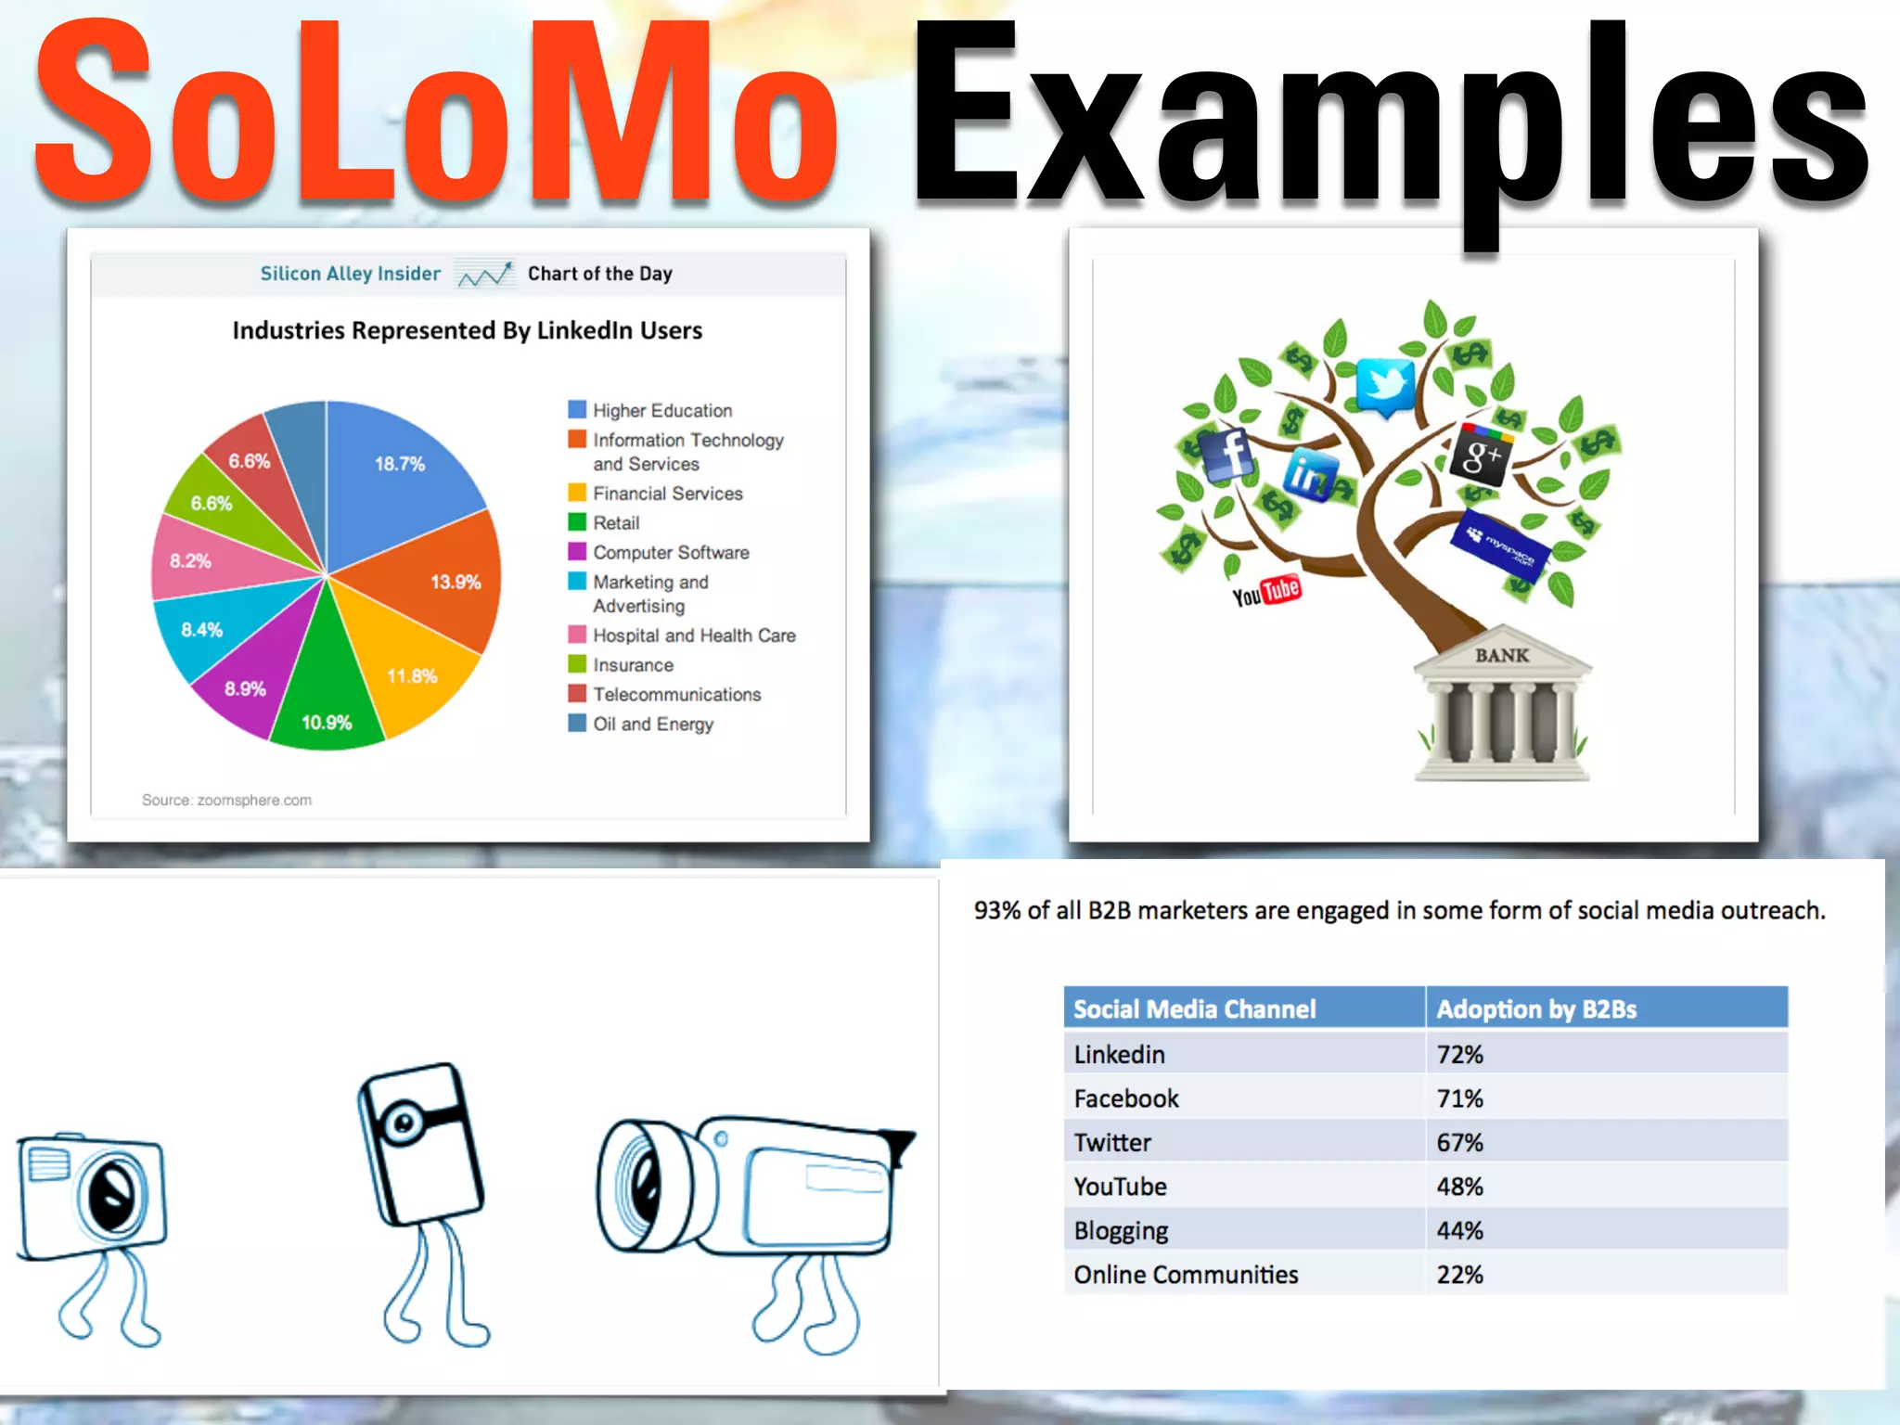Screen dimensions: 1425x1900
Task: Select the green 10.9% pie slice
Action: click(x=327, y=705)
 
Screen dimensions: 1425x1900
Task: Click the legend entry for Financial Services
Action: click(x=667, y=494)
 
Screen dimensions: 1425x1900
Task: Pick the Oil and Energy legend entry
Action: click(x=652, y=724)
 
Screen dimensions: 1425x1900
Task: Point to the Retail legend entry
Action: click(x=616, y=523)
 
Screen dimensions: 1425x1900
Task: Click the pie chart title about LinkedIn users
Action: click(x=467, y=330)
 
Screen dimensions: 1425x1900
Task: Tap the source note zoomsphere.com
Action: click(x=226, y=800)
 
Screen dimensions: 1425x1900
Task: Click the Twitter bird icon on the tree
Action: click(x=1385, y=385)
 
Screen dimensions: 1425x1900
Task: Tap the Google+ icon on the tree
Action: click(x=1481, y=455)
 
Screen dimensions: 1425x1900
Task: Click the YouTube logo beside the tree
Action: click(x=1265, y=591)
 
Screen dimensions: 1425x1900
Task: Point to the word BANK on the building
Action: click(x=1502, y=656)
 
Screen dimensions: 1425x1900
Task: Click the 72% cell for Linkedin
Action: click(x=1460, y=1055)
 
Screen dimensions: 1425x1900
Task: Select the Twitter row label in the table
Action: click(x=1112, y=1143)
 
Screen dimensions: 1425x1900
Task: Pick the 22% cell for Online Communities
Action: click(x=1460, y=1275)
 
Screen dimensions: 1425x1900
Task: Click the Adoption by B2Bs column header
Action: click(x=1536, y=1009)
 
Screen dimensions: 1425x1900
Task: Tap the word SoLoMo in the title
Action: click(x=436, y=111)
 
